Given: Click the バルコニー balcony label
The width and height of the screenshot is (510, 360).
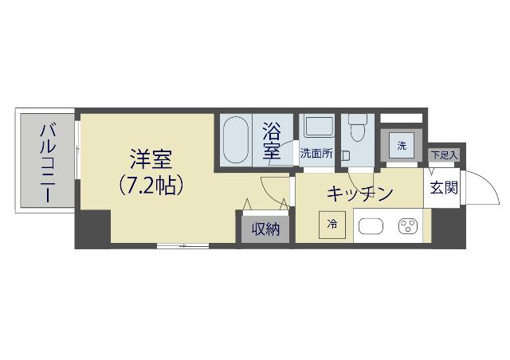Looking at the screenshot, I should coord(47,162).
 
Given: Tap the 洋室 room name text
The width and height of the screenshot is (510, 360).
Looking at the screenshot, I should coord(151,159).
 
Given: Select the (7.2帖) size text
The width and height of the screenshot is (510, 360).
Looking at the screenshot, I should coord(151,186).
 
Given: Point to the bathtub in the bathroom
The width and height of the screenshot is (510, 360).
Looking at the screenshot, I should coord(234,142).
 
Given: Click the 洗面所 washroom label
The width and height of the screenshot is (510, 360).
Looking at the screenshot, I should coord(316,154).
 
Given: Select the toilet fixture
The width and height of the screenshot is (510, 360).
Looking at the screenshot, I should coord(356,130).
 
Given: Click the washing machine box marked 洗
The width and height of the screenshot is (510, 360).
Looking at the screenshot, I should coord(402,146).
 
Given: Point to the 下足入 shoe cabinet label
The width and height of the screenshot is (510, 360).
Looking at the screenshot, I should coord(443,155).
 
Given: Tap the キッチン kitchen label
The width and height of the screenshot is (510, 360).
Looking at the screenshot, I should coord(359,194).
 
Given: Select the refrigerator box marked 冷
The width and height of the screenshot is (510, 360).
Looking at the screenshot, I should coord(331,225).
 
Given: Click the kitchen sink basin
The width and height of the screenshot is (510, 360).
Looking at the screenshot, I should coord(371,226).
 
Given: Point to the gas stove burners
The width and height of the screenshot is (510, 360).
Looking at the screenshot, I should coord(409,226).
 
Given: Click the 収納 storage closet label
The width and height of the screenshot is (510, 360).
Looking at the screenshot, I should coord(265,229).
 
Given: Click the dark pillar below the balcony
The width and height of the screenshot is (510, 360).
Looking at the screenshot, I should coord(92,230).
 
